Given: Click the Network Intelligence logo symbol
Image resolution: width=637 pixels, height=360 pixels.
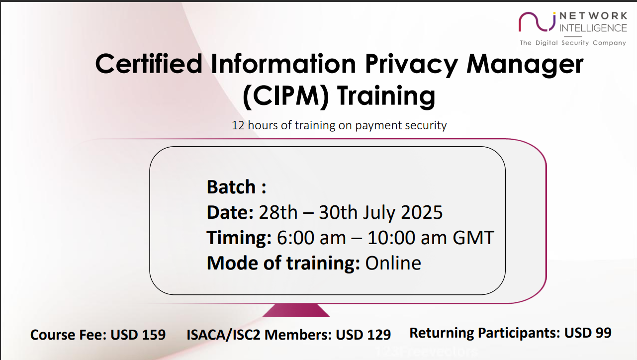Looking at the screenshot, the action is click(537, 21).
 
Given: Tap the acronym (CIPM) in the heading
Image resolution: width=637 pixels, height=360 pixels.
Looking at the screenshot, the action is click(286, 96).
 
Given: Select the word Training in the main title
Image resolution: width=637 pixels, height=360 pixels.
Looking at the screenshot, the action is click(386, 96).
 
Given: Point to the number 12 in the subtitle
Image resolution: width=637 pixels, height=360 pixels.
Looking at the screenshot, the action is click(238, 126).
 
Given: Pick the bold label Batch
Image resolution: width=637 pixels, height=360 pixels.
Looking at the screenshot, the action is click(231, 187).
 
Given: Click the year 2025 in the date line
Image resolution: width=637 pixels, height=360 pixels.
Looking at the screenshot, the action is click(422, 212).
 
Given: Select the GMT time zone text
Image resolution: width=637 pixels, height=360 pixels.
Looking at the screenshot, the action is click(473, 238).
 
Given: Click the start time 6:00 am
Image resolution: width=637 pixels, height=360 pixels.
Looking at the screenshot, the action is click(311, 238).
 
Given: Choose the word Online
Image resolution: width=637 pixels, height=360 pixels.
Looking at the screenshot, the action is click(393, 263).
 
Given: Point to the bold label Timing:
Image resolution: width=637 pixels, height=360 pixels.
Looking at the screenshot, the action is click(239, 238).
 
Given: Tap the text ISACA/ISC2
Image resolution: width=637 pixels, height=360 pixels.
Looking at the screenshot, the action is click(223, 335).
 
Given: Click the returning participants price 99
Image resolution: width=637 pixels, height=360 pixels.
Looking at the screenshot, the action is click(604, 333).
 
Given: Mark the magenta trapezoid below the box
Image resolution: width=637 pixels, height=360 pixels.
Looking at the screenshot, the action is click(296, 310).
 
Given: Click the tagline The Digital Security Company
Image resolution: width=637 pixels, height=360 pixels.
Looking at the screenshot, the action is click(573, 43).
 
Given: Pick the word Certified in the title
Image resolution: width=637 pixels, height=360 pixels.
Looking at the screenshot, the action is click(149, 64).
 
